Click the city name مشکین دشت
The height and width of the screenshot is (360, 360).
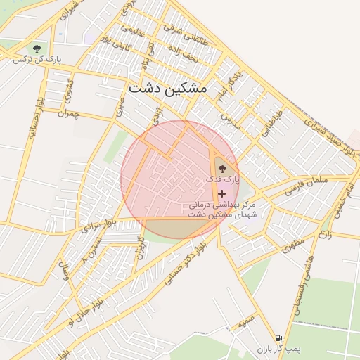click(167, 90)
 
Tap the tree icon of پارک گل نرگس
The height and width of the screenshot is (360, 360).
click(37, 48)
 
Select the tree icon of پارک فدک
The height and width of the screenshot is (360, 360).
click(223, 168)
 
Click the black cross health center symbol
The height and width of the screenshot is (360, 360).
click(222, 193)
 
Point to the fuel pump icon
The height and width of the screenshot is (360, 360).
click(279, 337)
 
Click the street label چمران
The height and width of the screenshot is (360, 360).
click(69, 112)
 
